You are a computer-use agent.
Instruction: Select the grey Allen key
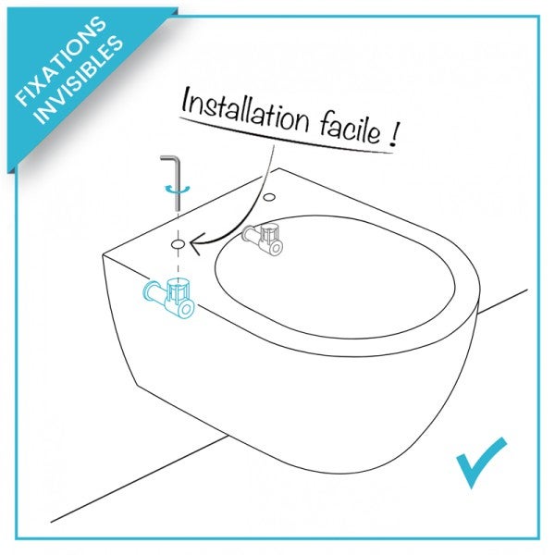177,185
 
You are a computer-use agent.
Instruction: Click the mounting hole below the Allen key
177,243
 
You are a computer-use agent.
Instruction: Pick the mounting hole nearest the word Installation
268,197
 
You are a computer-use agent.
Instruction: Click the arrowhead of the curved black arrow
194,245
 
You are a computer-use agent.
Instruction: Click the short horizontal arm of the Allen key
164,159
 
